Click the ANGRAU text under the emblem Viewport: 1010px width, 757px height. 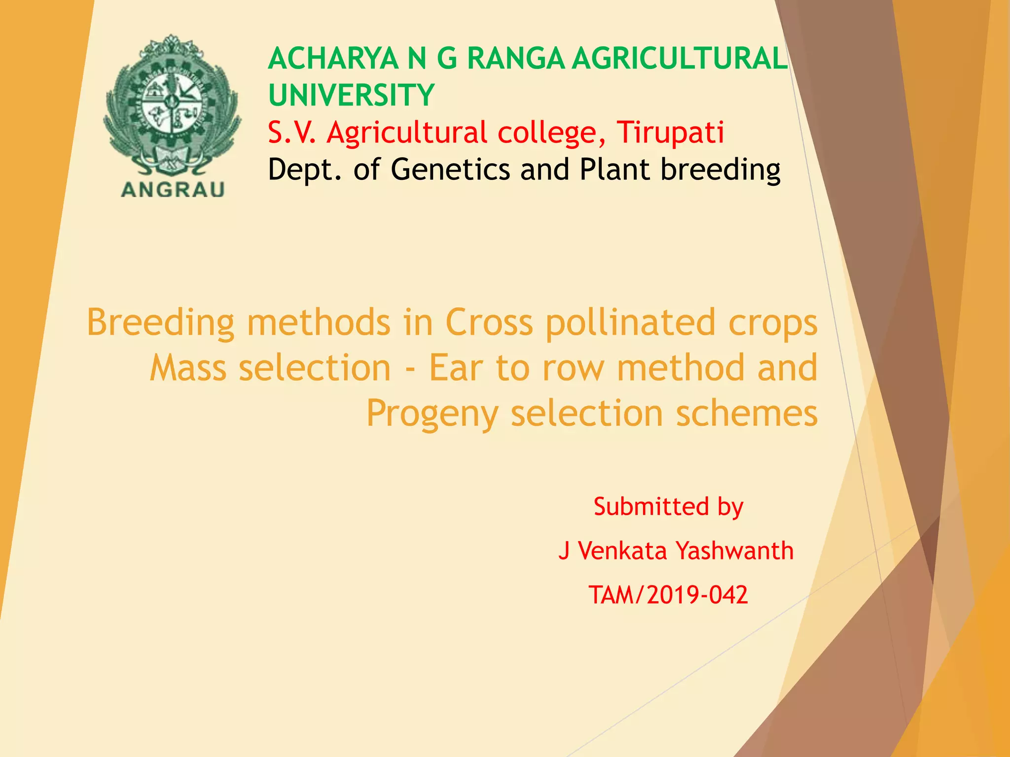point(173,190)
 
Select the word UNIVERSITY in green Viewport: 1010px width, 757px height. point(351,95)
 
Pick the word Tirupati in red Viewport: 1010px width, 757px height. point(670,133)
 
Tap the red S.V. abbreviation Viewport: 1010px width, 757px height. point(291,133)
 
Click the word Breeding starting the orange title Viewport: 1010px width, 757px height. point(160,323)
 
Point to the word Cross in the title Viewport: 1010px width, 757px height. point(489,322)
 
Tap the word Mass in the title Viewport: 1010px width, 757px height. point(188,368)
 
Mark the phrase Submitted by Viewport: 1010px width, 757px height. point(668,507)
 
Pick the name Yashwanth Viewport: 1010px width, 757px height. point(734,551)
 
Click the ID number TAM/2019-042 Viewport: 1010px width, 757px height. point(668,595)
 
